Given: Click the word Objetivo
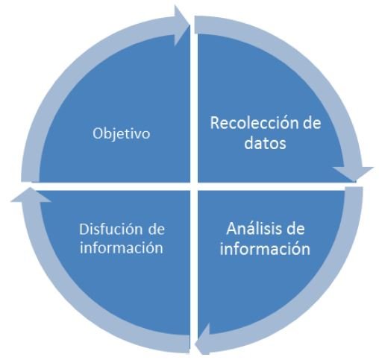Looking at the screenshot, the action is [x=122, y=134].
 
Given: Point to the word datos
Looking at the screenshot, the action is [x=265, y=142].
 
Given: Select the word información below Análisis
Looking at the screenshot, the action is [x=265, y=248].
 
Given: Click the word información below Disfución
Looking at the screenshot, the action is [x=122, y=247].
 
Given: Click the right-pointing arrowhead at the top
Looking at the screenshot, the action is [x=181, y=25].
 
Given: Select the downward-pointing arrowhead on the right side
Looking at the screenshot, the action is [x=353, y=174].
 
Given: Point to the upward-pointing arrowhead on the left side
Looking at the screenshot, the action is [x=31, y=195].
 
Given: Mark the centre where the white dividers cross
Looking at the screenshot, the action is [x=194, y=186].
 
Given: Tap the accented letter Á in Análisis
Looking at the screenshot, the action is [x=231, y=227].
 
